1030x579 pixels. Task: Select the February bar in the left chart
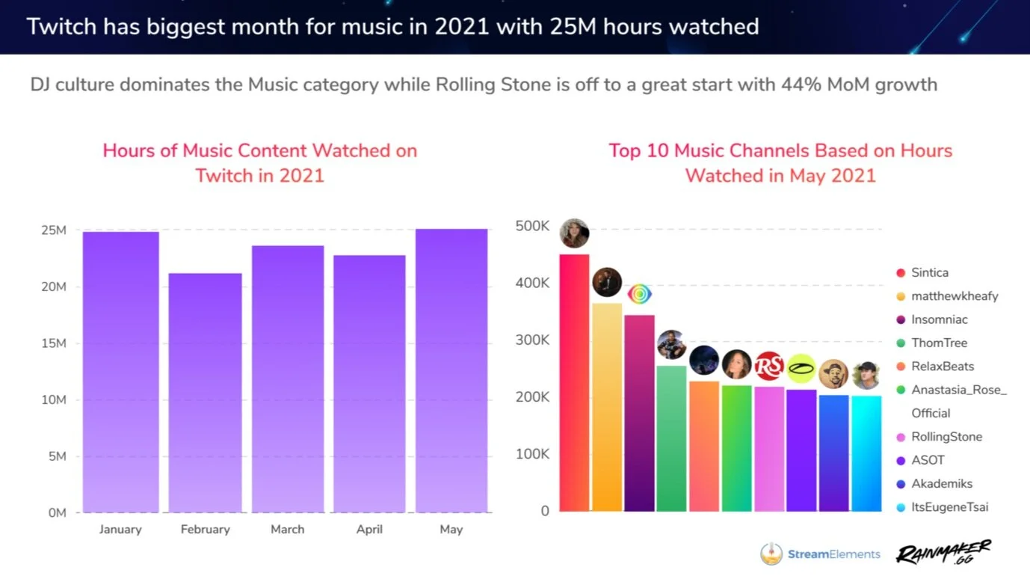[x=205, y=393]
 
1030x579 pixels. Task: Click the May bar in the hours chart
[x=451, y=370]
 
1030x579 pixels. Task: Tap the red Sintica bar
[x=574, y=383]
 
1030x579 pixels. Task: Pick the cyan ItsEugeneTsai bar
[x=866, y=453]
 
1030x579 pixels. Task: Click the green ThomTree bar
[x=671, y=438]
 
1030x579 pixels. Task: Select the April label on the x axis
[x=369, y=530]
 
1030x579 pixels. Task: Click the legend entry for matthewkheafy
[x=954, y=296]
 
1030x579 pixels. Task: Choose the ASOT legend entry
[x=928, y=460]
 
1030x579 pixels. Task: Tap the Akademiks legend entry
[x=941, y=484]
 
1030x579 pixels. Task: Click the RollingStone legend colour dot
[x=901, y=437]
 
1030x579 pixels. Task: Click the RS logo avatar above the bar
[x=768, y=366]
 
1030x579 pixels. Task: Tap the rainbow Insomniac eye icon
[x=639, y=294]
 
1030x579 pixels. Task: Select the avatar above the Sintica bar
[x=574, y=233]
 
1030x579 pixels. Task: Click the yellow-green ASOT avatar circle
[x=801, y=368]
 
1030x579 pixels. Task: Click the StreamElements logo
[x=820, y=554]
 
